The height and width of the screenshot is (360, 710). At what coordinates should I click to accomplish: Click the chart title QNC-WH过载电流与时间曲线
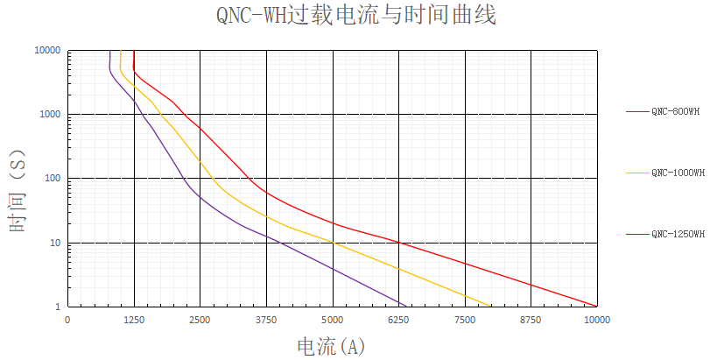[x=355, y=16]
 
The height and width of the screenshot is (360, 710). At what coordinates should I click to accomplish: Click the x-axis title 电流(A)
[x=331, y=347]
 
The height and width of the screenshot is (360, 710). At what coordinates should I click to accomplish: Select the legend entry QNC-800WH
[x=675, y=111]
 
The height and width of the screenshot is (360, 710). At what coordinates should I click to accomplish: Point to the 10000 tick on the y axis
[x=47, y=51]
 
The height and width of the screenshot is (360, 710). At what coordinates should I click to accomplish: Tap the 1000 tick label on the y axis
[x=50, y=115]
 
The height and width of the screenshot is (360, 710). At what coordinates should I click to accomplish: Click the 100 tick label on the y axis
[x=53, y=179]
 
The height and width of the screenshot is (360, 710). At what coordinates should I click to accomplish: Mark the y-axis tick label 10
[x=55, y=243]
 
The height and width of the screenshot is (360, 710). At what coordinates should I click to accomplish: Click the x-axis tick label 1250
[x=134, y=321]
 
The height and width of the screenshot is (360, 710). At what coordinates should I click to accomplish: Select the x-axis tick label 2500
[x=200, y=321]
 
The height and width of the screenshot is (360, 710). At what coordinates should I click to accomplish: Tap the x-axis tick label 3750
[x=266, y=321]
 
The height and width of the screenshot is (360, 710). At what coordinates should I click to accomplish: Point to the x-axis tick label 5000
[x=333, y=321]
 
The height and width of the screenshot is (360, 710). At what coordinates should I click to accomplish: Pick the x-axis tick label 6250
[x=398, y=321]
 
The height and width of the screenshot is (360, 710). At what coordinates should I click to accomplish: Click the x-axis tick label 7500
[x=465, y=321]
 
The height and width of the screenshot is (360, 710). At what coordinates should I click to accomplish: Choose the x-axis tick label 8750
[x=531, y=321]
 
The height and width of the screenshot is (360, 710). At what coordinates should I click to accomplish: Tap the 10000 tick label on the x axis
[x=597, y=321]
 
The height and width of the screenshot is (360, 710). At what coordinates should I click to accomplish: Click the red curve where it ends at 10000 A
[x=597, y=306]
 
